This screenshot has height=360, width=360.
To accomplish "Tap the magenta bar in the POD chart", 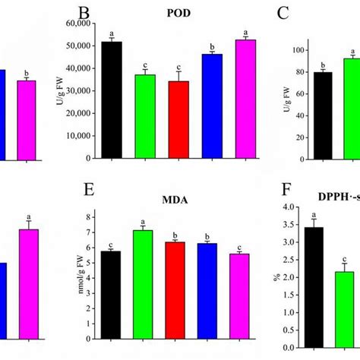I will coord(246,99).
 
